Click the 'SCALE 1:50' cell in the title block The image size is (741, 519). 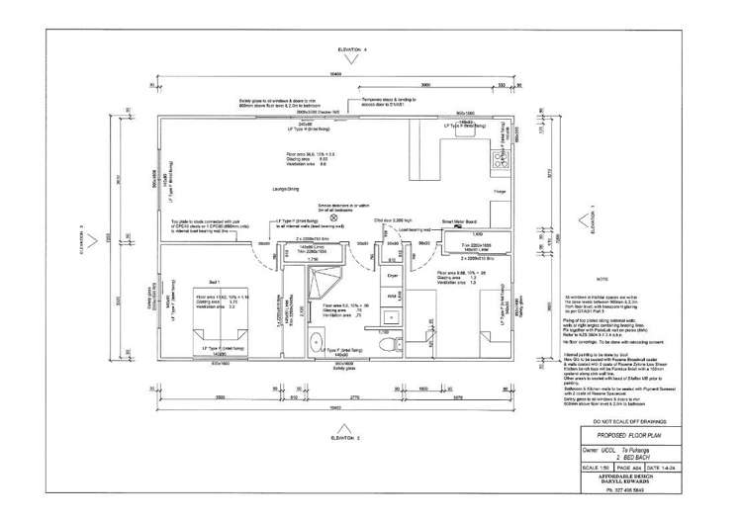(596, 467)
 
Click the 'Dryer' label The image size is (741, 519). (392, 277)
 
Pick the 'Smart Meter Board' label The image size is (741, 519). (459, 222)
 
